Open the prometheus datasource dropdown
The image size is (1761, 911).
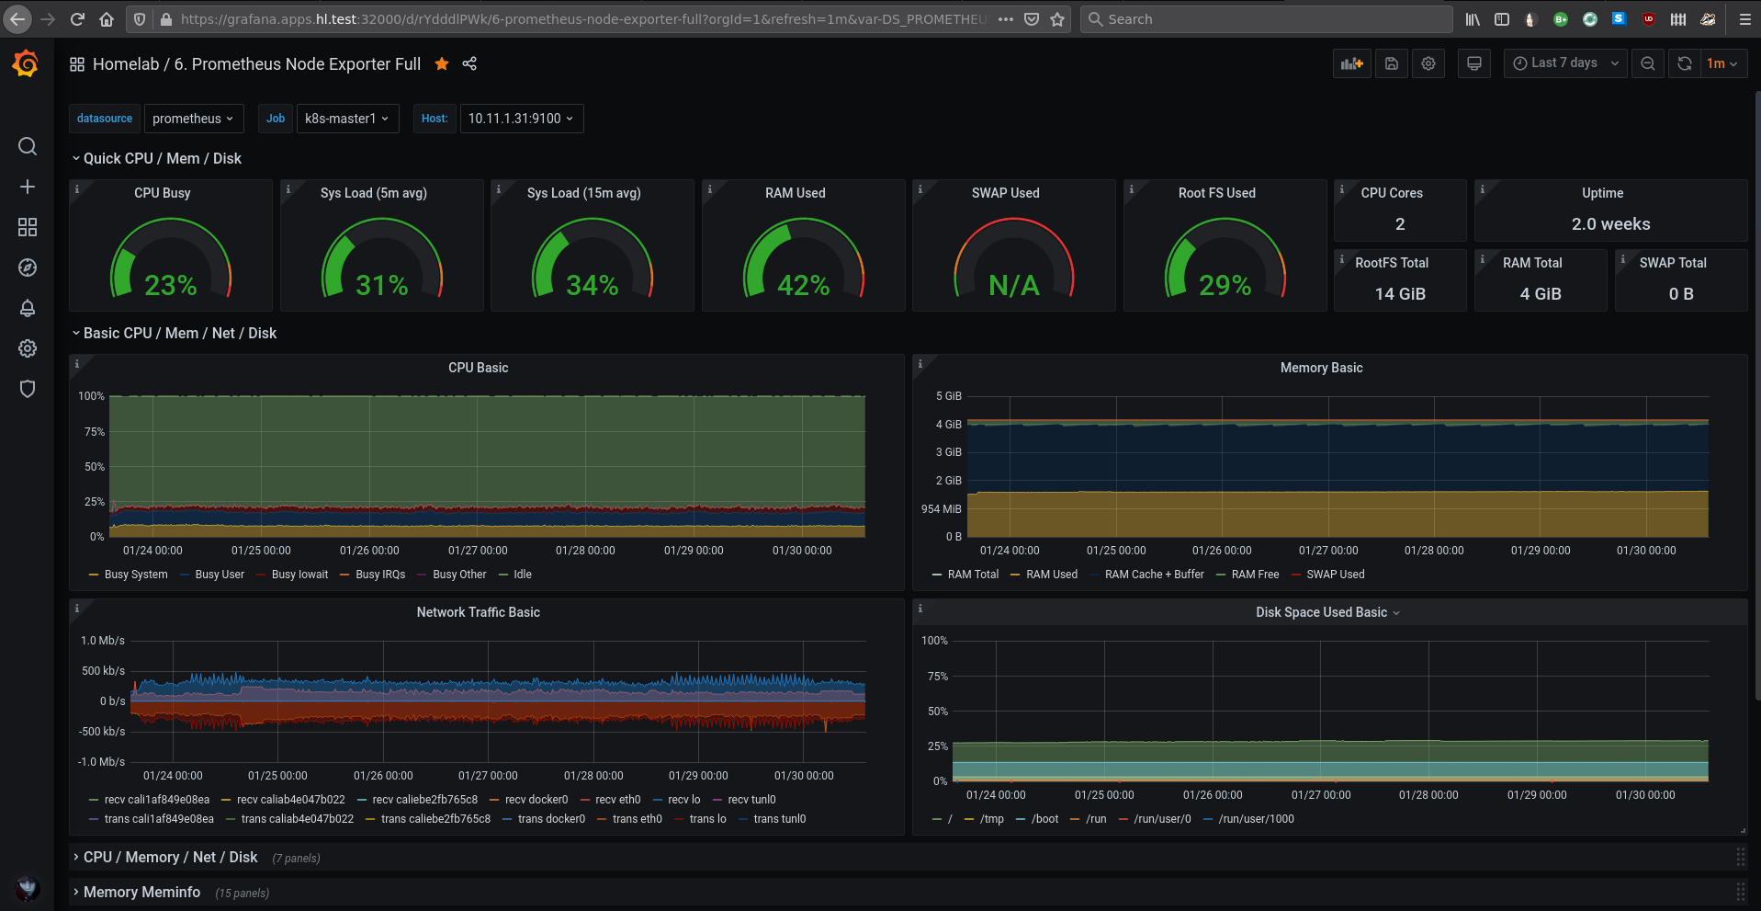click(x=193, y=119)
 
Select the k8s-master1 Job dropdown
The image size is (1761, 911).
click(x=347, y=119)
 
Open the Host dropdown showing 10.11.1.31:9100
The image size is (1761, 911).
click(x=521, y=119)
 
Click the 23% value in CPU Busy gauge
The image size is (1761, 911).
click(x=171, y=285)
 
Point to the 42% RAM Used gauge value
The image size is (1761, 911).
click(x=804, y=285)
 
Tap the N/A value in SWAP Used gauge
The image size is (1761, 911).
click(x=1014, y=285)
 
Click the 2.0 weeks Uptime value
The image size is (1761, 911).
click(x=1610, y=224)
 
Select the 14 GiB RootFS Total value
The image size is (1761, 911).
click(x=1400, y=294)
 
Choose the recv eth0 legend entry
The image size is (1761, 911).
click(x=611, y=800)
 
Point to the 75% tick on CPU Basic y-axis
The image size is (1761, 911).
click(x=95, y=432)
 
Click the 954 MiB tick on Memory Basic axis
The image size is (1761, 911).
click(x=942, y=509)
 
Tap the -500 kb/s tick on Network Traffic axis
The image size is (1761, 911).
click(x=102, y=732)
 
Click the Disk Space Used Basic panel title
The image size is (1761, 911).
click(x=1321, y=612)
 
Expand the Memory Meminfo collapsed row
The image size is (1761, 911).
click(x=141, y=893)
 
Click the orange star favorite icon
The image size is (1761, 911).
click(x=442, y=63)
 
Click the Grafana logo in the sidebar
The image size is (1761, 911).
click(x=26, y=63)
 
